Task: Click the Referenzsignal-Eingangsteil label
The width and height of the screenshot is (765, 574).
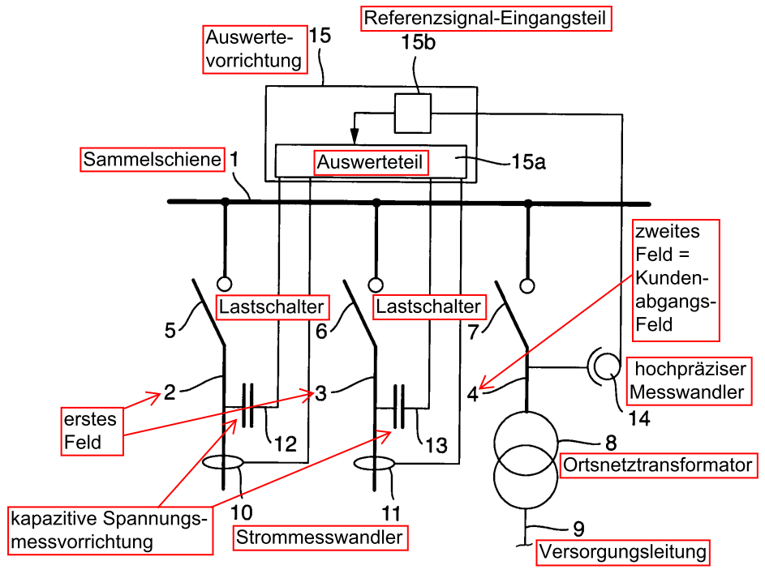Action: pyautogui.click(x=485, y=19)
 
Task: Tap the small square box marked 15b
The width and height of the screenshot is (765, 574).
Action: pyautogui.click(x=413, y=114)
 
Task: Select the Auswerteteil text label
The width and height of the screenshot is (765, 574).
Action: pyautogui.click(x=370, y=162)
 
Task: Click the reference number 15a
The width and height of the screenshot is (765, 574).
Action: pyautogui.click(x=528, y=162)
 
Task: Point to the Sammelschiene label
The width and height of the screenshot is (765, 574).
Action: pyautogui.click(x=153, y=160)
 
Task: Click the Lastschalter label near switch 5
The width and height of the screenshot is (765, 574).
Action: pyautogui.click(x=272, y=306)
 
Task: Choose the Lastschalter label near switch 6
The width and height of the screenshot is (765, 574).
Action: pyautogui.click(x=429, y=306)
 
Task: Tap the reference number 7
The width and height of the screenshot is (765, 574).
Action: pyautogui.click(x=474, y=332)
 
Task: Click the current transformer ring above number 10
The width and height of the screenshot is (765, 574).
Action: pyautogui.click(x=223, y=462)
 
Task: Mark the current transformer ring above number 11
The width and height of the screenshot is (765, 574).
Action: pyautogui.click(x=374, y=463)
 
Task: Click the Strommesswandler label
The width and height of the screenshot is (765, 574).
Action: pyautogui.click(x=320, y=538)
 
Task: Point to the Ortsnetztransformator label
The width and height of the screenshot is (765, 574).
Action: pyautogui.click(x=658, y=465)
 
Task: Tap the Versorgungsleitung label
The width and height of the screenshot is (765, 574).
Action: pyautogui.click(x=623, y=552)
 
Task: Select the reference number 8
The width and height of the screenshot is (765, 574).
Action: pyautogui.click(x=611, y=443)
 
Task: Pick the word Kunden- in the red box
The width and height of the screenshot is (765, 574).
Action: pyautogui.click(x=672, y=278)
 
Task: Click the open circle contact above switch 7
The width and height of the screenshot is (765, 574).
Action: pyautogui.click(x=527, y=285)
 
